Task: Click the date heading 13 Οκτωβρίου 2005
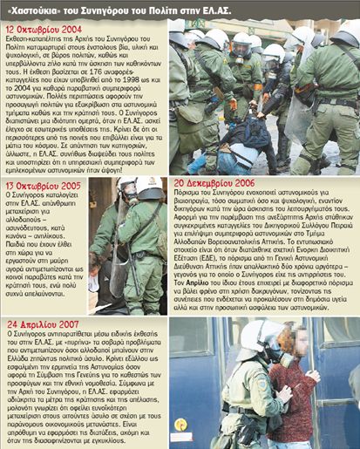[x=45, y=187]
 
